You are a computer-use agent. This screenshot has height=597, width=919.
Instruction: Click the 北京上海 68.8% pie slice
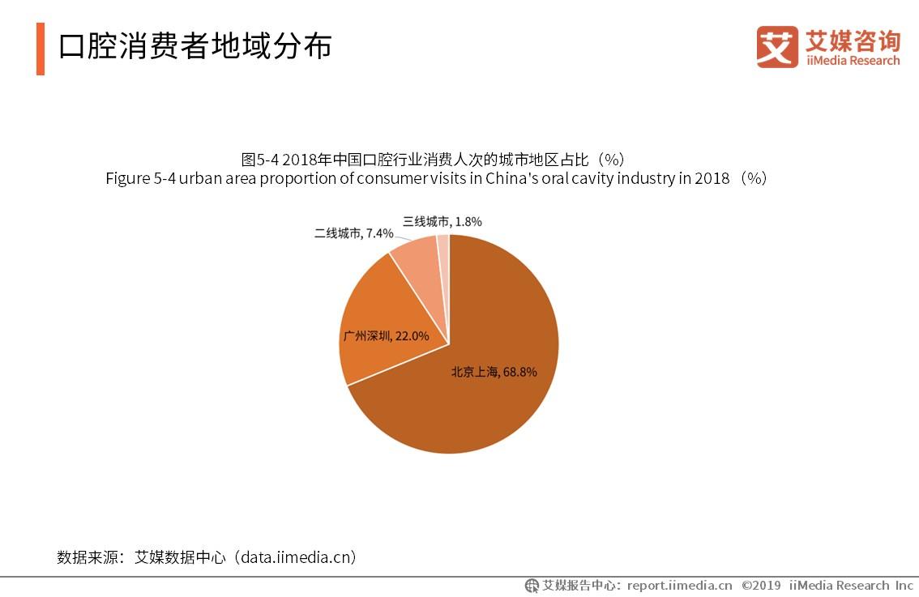click(x=486, y=405)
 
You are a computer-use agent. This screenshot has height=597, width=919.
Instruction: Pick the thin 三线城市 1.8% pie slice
click(x=443, y=247)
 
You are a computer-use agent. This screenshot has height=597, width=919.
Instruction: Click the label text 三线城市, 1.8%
click(x=442, y=221)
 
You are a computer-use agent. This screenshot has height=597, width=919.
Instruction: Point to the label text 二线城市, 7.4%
click(x=353, y=233)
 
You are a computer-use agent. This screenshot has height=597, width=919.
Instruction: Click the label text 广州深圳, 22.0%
click(x=386, y=335)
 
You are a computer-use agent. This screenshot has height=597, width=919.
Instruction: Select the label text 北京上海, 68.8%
click(x=494, y=372)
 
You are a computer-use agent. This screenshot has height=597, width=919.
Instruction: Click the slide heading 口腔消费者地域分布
click(x=195, y=47)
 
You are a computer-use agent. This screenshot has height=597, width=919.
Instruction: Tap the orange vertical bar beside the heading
click(x=41, y=49)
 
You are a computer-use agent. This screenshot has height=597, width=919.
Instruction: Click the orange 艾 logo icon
click(x=776, y=47)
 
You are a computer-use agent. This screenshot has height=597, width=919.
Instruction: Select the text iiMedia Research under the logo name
click(x=852, y=61)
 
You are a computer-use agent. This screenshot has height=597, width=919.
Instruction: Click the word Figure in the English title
click(x=128, y=179)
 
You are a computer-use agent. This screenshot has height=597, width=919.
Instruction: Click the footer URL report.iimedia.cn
click(x=679, y=586)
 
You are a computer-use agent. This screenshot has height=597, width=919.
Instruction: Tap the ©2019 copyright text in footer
click(x=761, y=586)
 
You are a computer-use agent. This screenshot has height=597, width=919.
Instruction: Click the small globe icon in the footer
click(x=532, y=586)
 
